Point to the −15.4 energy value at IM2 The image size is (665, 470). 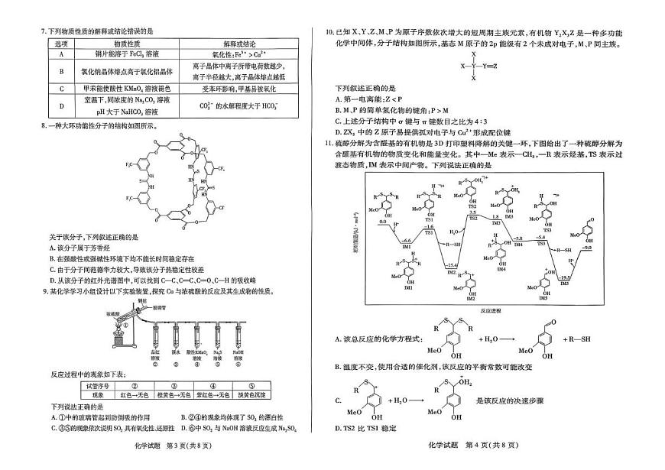452,264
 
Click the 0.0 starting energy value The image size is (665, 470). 384,222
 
